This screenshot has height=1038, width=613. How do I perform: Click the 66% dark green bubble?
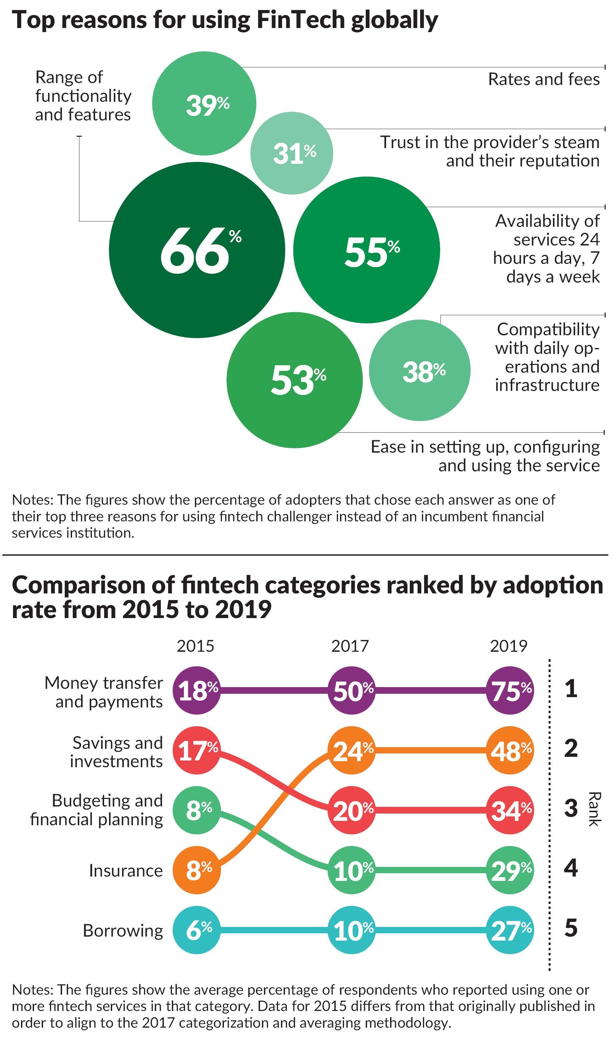[197, 250]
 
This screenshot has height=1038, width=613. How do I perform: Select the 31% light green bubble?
[292, 153]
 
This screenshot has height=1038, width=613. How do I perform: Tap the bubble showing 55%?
[366, 250]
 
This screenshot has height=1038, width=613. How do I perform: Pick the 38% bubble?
[420, 370]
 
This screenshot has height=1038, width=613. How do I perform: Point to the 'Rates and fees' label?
[544, 79]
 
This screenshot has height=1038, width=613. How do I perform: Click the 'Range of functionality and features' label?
[83, 96]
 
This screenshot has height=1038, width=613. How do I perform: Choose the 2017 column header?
[350, 646]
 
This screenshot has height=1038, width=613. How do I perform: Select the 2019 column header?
[509, 646]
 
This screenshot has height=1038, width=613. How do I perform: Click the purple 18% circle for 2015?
[197, 690]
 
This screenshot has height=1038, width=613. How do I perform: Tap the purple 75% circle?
[510, 690]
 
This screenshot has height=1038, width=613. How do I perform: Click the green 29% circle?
[510, 870]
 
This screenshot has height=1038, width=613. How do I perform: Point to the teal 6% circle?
[197, 930]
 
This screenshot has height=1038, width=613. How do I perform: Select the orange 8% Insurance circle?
[197, 870]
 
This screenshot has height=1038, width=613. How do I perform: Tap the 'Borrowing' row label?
[123, 931]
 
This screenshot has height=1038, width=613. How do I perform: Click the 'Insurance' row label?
[125, 870]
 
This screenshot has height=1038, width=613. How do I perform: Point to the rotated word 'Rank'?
[594, 809]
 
